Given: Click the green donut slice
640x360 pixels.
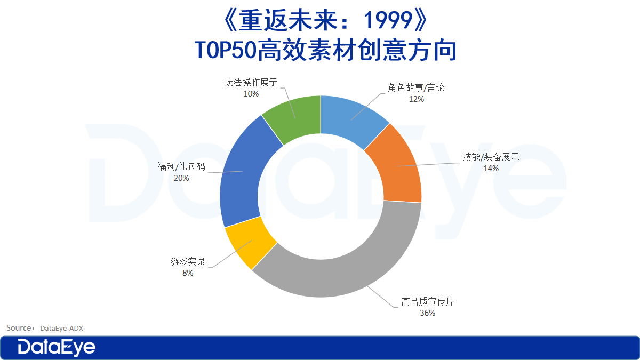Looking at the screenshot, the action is pos(294,118).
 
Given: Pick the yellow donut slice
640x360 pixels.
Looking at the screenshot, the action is pos(248,243).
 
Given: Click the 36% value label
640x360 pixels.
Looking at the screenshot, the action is pos(427,313).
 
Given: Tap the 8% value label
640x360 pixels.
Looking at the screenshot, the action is pos(188,273).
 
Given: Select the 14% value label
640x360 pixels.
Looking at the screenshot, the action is pos(491,169).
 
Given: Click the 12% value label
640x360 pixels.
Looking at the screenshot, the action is pos(417,99).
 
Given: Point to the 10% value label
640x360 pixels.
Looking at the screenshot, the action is pos(251,94).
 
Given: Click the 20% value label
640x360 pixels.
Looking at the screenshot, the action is pos(181,178).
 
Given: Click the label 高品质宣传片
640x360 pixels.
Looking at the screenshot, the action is pos(427,301).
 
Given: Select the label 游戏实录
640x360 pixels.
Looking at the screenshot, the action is pos(188,261).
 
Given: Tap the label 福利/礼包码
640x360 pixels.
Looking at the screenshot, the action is pos(181,166).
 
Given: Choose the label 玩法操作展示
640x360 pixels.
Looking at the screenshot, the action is pos(251,82).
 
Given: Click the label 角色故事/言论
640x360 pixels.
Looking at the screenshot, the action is pos(416,87).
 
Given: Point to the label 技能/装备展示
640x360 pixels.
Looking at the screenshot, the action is pos(491,157).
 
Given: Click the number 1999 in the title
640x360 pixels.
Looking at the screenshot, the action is pos(388,20).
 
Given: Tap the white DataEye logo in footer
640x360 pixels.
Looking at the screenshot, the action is pos(57,347).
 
